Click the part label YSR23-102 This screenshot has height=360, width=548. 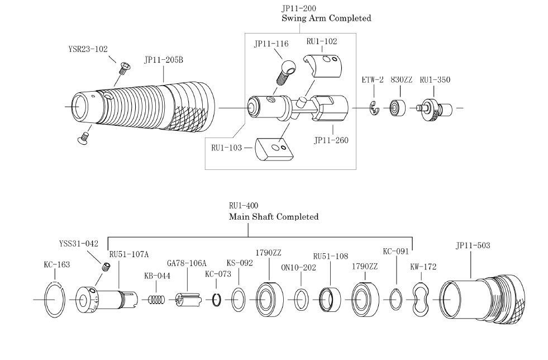88,49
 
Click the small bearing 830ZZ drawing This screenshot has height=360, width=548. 398,108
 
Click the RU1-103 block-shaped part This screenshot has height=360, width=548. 274,149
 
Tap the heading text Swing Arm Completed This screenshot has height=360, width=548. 326,18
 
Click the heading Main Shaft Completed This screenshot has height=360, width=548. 274,217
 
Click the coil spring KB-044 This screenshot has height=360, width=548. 156,300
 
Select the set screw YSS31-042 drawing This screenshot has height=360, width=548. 106,267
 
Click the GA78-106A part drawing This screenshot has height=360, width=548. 188,300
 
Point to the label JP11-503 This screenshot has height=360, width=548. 473,245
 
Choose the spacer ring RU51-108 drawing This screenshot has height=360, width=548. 330,300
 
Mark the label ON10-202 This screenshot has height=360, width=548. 298,268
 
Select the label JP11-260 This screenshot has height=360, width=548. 331,140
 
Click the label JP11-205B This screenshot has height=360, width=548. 164,60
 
